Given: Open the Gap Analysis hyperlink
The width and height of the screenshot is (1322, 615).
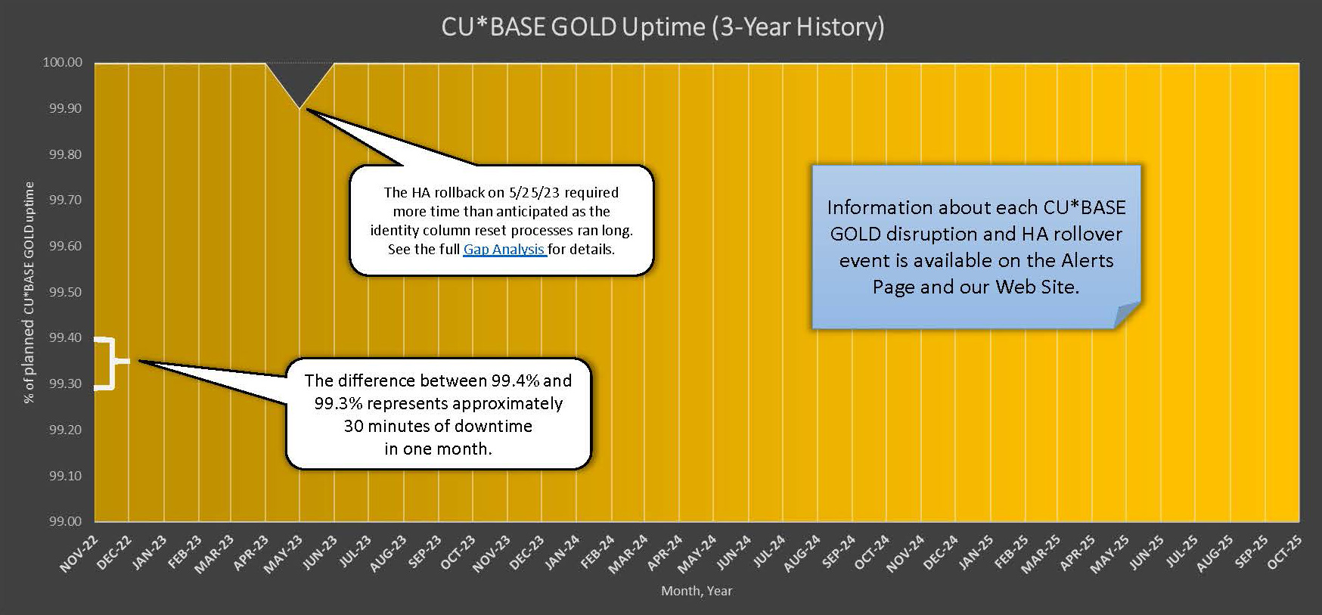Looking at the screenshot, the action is pos(504,249).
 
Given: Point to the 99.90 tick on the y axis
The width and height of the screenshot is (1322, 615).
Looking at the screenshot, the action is pos(66,108).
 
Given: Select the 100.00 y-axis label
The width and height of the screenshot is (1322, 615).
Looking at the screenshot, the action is pos(63,62).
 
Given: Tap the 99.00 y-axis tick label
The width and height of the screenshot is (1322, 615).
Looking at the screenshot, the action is pos(66,521).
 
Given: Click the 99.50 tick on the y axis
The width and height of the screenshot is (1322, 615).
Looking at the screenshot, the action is pos(66,292).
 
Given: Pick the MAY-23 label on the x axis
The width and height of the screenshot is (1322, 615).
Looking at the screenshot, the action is pos(284,554).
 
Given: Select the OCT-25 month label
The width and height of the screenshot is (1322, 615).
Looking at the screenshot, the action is pos(1284,554).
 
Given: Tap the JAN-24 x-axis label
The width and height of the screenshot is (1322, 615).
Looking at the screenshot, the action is pos(560,554).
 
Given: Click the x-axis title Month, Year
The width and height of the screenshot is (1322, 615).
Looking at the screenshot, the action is pos(697,591).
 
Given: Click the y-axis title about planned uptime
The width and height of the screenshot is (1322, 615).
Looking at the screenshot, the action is pos(29,292).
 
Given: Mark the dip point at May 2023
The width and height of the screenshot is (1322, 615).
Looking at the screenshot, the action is pos(299,108).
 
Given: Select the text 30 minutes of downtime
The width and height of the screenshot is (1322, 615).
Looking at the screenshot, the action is pos(438,426).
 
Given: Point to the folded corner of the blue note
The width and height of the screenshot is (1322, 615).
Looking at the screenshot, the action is pos(1127,315).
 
